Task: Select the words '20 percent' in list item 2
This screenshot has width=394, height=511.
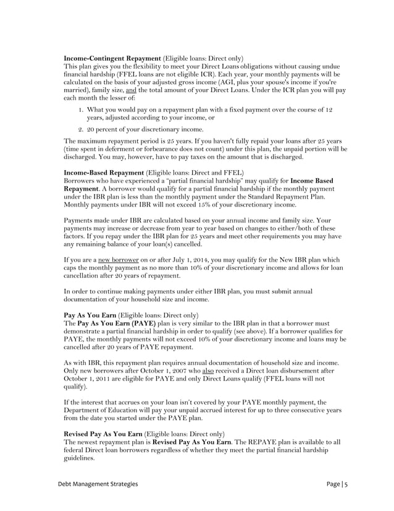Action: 103,129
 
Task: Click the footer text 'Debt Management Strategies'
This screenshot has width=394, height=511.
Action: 97,483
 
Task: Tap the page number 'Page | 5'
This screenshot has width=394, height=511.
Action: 337,483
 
